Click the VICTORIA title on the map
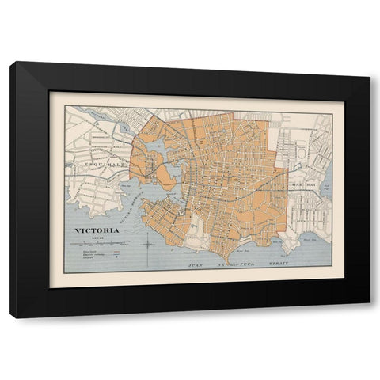coord(98,231)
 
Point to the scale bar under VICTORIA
coord(103,242)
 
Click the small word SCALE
coord(98,237)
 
